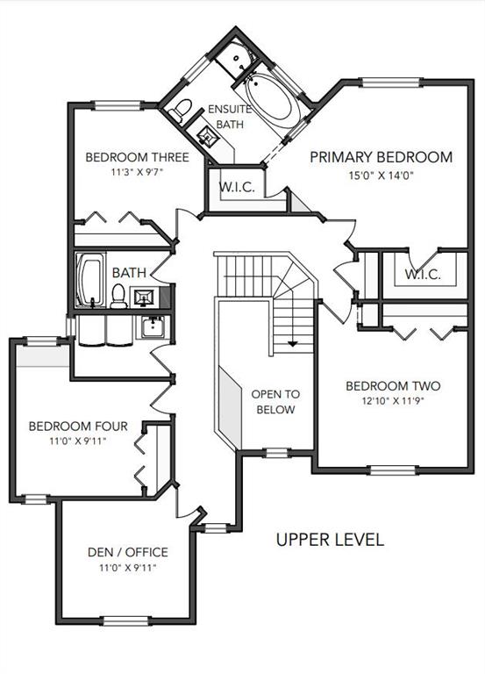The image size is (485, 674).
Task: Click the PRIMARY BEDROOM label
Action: [x=381, y=157]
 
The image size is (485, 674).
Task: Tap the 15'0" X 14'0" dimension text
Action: [x=381, y=176]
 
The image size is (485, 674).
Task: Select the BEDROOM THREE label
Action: [x=137, y=157]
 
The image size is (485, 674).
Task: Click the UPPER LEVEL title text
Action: [x=330, y=540]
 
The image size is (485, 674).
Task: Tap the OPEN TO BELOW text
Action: [x=275, y=401]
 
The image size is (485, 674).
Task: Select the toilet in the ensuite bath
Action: [x=180, y=111]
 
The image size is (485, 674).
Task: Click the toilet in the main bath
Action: [x=118, y=296]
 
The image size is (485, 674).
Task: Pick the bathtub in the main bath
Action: [x=90, y=280]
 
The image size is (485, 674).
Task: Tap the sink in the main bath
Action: [x=144, y=297]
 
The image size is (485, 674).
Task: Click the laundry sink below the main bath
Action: [x=153, y=326]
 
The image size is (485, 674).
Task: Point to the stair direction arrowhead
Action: [x=293, y=343]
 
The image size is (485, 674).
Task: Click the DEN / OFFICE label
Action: [x=127, y=552]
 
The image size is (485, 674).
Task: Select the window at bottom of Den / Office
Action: [x=125, y=620]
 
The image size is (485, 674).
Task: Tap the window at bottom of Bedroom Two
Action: [x=394, y=470]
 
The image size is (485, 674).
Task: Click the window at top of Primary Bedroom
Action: [x=389, y=82]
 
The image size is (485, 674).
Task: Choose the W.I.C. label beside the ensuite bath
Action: [x=237, y=188]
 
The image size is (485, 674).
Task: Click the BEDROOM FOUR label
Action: [x=78, y=427]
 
